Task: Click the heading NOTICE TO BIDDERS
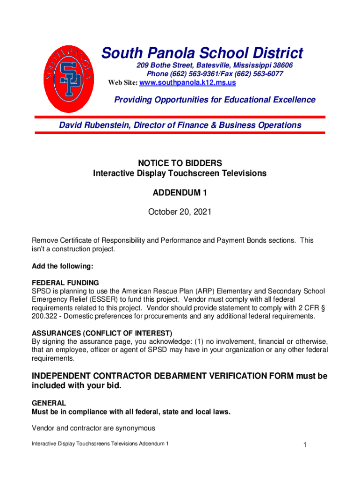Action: [x=180, y=163]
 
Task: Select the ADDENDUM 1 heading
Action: [x=180, y=193]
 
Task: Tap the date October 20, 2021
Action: [x=180, y=212]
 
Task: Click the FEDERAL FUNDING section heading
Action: [x=65, y=283]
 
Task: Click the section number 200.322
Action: [x=44, y=316]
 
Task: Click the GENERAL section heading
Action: [x=49, y=403]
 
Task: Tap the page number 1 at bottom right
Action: [x=304, y=445]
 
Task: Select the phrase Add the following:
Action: [x=63, y=266]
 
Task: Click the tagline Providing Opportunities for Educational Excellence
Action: [x=215, y=100]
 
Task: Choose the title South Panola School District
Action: [x=202, y=53]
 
